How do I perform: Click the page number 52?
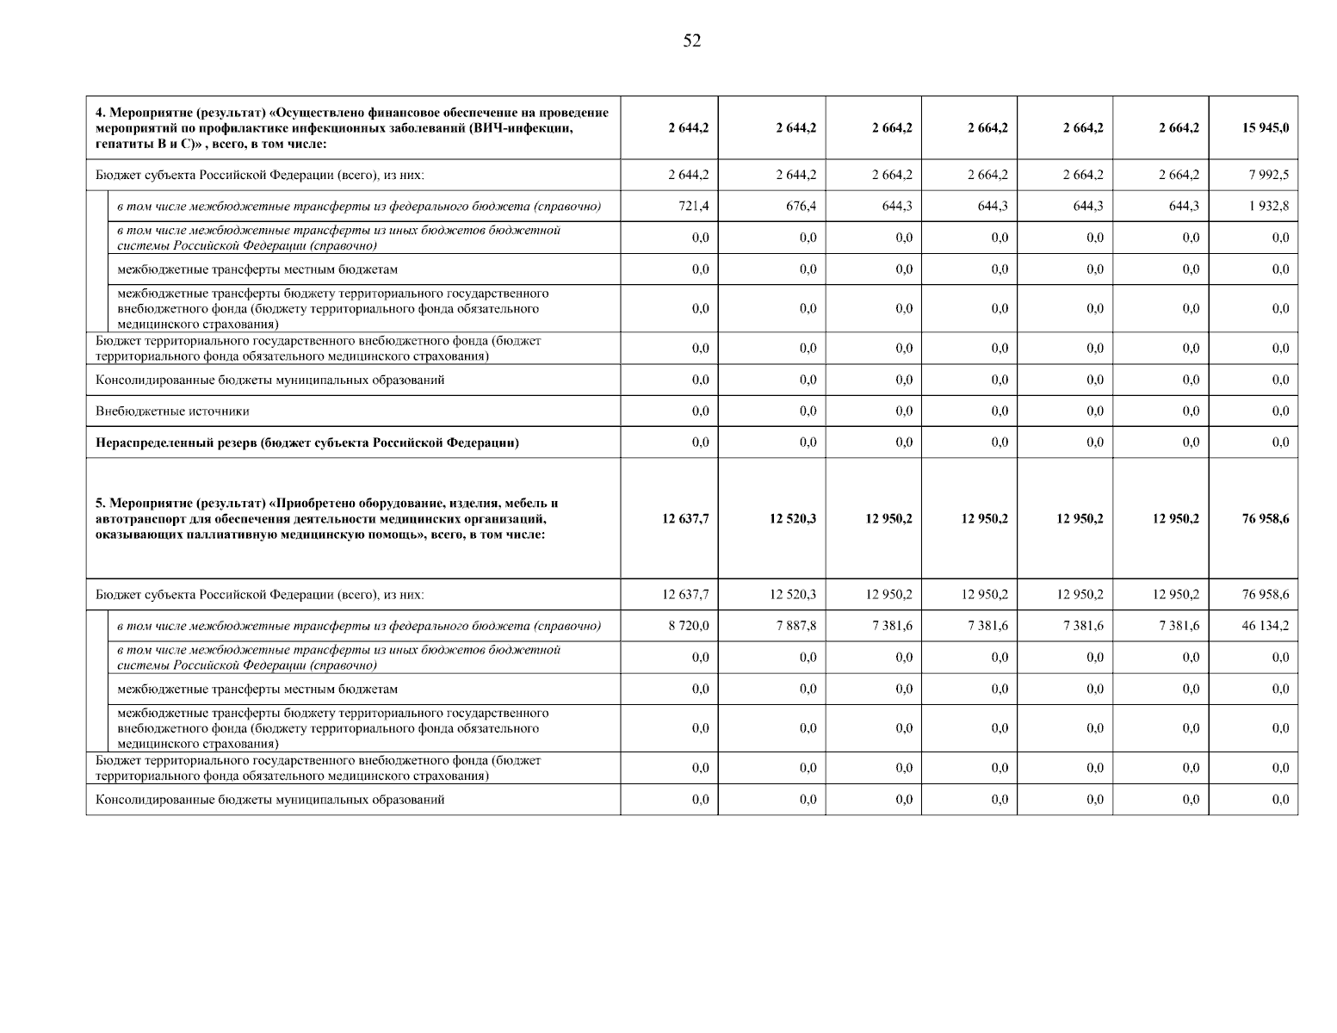pyautogui.click(x=692, y=41)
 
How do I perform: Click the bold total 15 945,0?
pyautogui.click(x=1265, y=128)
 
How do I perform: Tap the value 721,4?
pyautogui.click(x=694, y=207)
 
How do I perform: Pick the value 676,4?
pyautogui.click(x=802, y=207)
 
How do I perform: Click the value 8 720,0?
pyautogui.click(x=689, y=626)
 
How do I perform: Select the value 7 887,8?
pyautogui.click(x=796, y=626)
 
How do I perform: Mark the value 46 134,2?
pyautogui.click(x=1265, y=626)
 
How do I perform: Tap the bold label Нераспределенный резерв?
pyautogui.click(x=176, y=443)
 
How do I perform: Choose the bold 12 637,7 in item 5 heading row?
pyautogui.click(x=685, y=519)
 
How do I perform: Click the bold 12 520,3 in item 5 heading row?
pyautogui.click(x=793, y=519)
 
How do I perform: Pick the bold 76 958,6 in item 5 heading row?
pyautogui.click(x=1265, y=519)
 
